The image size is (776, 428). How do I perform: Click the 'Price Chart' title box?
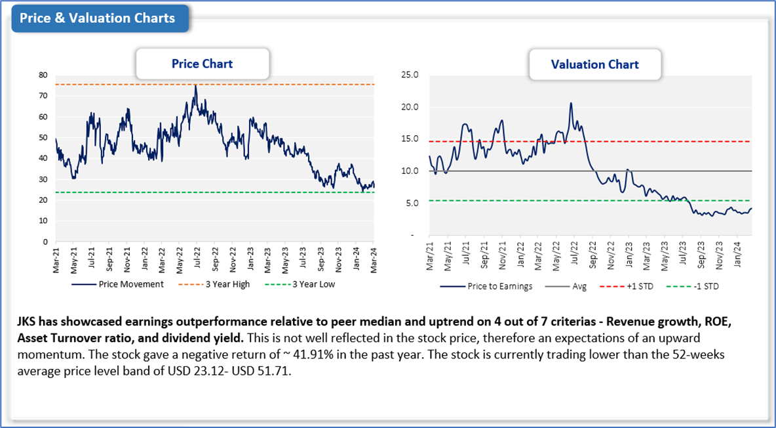click(x=202, y=64)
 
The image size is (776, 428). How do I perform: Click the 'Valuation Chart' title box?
click(x=594, y=64)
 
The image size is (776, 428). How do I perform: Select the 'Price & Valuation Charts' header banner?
click(x=98, y=18)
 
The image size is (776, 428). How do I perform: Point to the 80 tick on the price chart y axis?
click(x=43, y=75)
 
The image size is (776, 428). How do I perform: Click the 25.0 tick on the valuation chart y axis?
click(x=411, y=75)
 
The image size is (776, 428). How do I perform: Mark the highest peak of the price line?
click(x=195, y=85)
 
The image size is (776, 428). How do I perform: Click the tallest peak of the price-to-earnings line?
click(x=571, y=103)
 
